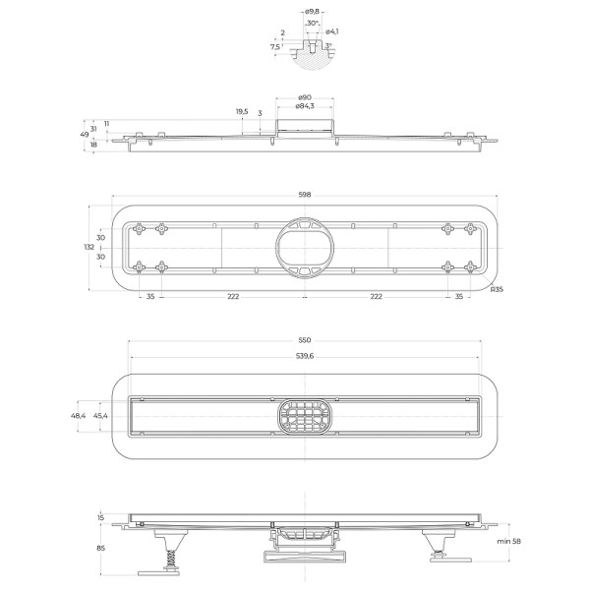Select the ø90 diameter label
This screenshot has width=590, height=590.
(305, 96)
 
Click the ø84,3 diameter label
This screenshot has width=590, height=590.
(305, 106)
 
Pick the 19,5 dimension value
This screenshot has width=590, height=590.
(242, 112)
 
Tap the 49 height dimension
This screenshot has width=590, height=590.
(84, 135)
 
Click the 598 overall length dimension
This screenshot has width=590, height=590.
(305, 195)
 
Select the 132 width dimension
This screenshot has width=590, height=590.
(89, 248)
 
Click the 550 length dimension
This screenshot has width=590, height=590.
(305, 340)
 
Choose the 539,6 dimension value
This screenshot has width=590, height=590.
(305, 356)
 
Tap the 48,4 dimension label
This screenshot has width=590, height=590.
(79, 416)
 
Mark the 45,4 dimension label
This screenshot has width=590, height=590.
(101, 416)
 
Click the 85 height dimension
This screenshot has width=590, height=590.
(99, 550)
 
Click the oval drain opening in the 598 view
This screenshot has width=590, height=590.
(304, 247)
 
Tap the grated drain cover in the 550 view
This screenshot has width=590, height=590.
(304, 416)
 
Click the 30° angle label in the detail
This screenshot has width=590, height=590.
(313, 23)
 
